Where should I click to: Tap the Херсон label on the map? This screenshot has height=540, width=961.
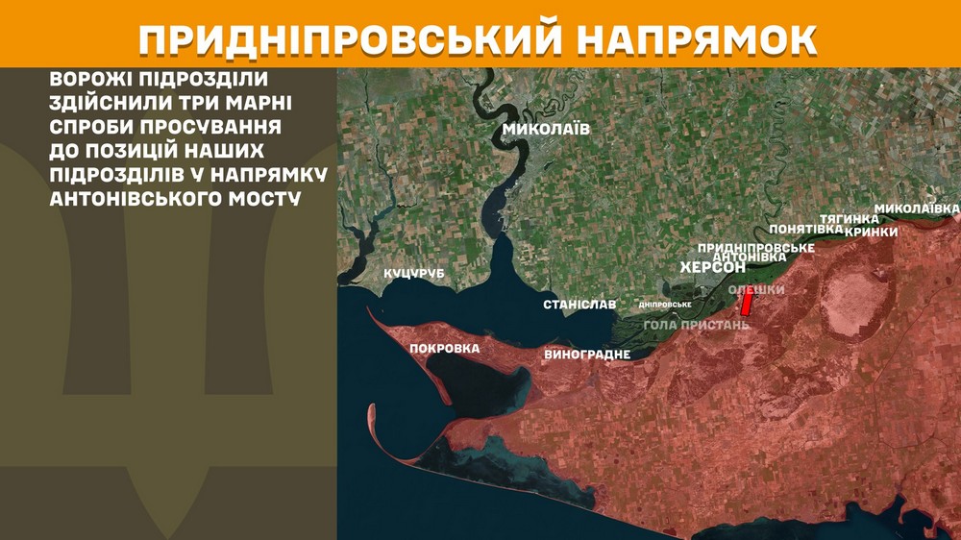click(x=713, y=267)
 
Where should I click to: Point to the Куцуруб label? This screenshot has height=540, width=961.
click(x=414, y=275)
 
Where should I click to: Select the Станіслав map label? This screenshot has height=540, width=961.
click(x=579, y=305)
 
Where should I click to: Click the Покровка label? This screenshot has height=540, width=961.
click(x=444, y=348)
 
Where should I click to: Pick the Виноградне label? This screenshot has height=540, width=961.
click(x=587, y=355)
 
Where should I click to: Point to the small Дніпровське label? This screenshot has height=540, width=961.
click(x=666, y=305)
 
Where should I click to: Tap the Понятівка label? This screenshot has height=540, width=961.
click(x=806, y=230)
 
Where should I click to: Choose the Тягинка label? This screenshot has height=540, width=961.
click(x=846, y=219)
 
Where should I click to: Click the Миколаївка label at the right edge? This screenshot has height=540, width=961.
click(x=917, y=209)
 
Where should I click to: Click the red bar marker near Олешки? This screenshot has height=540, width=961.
click(x=745, y=304)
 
